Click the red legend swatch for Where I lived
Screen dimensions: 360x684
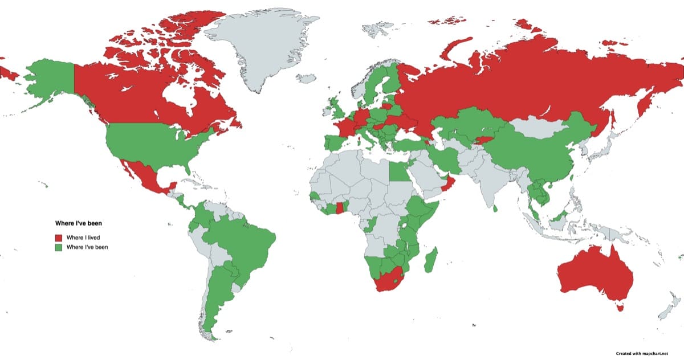click(59, 237)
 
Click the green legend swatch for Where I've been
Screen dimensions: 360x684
click(59, 247)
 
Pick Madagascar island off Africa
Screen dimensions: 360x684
click(432, 260)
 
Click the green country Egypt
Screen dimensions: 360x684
click(400, 170)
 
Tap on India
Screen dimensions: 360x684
click(490, 182)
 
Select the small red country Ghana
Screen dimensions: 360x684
click(340, 208)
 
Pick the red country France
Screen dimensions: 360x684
click(344, 126)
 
